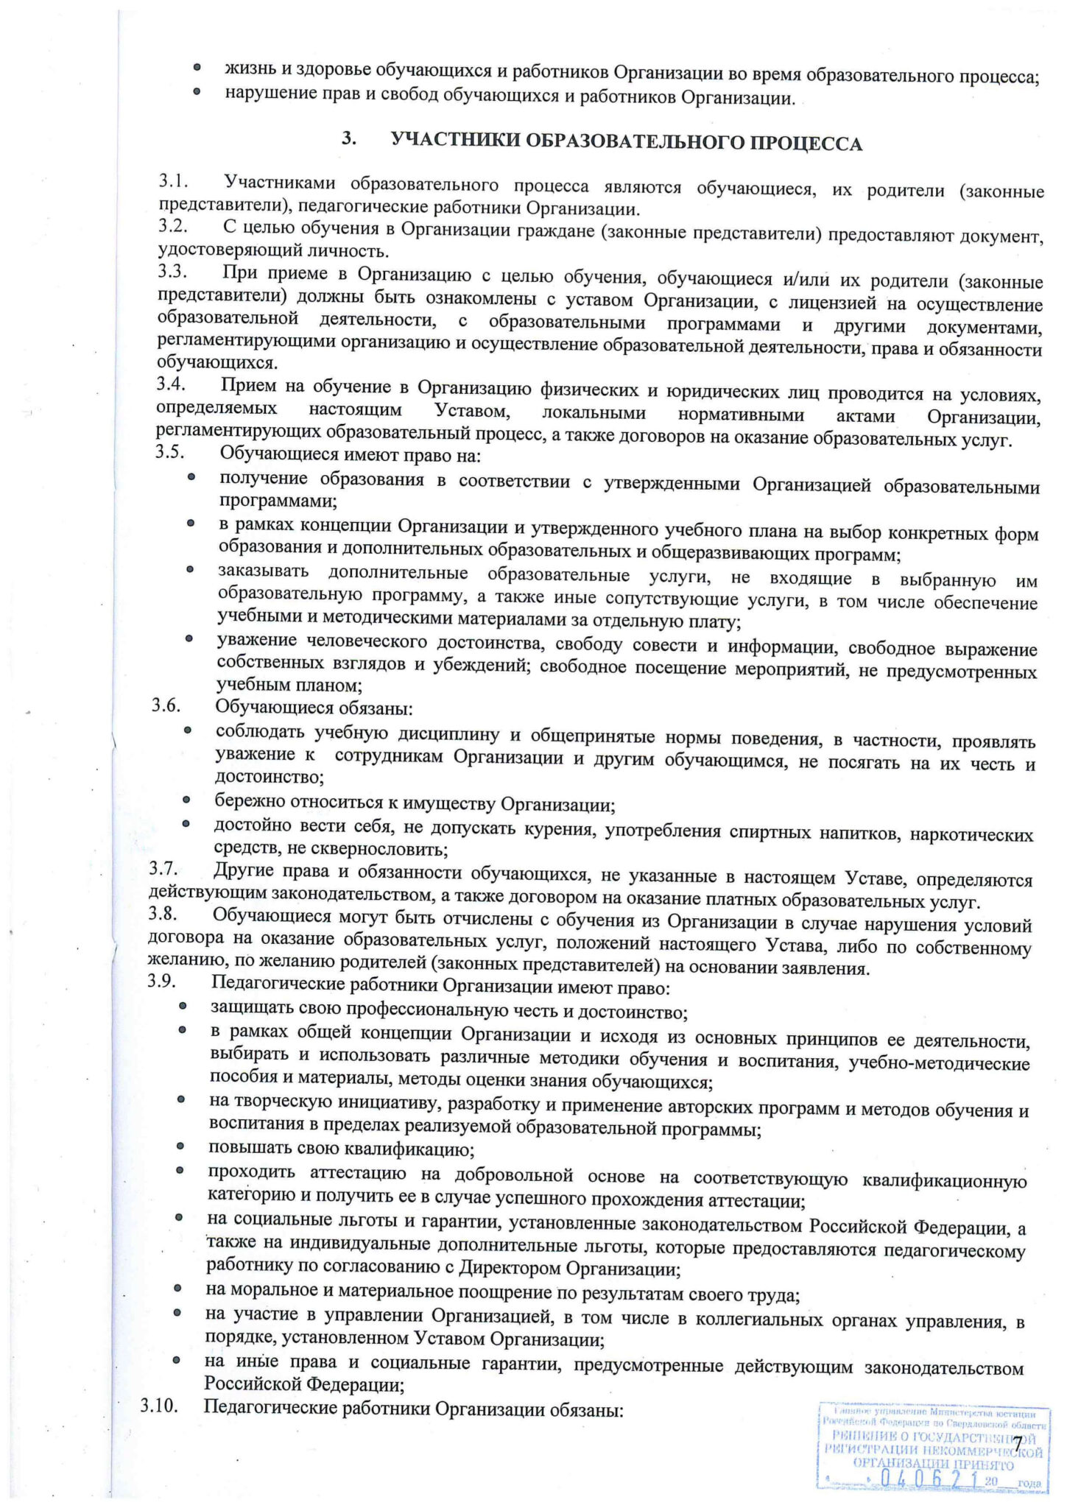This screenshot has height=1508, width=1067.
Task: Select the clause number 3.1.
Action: (x=174, y=180)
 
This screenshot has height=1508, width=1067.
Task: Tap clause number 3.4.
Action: (x=171, y=384)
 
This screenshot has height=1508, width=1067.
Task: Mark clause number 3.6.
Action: (x=166, y=705)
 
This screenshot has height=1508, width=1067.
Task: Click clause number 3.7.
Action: (x=164, y=870)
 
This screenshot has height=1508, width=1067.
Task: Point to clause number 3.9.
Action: (x=162, y=982)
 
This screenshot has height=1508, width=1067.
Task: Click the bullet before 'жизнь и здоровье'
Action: (x=197, y=67)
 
